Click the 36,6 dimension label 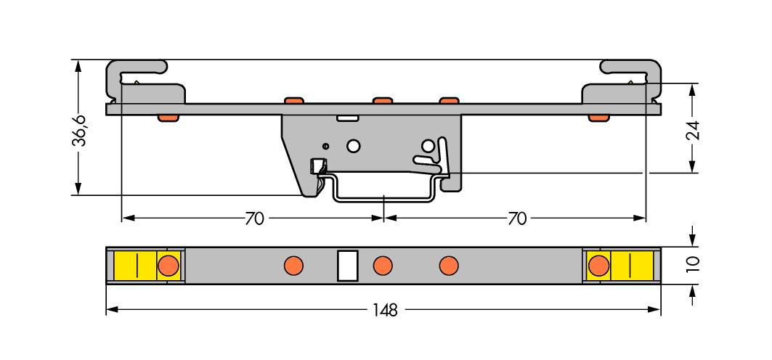pos(79,131)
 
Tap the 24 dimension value pos(693,131)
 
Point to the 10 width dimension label pos(693,263)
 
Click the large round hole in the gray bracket pos(354,146)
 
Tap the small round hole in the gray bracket pos(326,145)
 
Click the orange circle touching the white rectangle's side pos(382,266)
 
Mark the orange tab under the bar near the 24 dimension pos(598,118)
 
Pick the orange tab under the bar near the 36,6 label pos(168,118)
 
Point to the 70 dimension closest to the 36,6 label pos(254,218)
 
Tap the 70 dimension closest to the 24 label pos(516,218)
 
